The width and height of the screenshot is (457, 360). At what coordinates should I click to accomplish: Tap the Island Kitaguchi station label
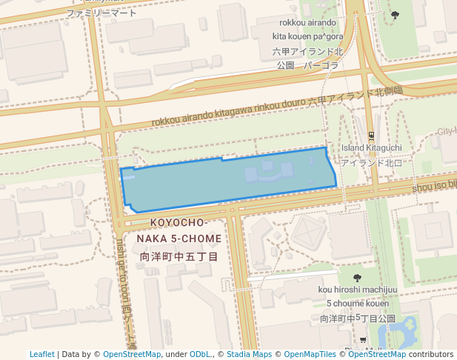[x=372, y=148]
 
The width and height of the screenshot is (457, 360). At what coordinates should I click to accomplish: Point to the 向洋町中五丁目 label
[x=179, y=256]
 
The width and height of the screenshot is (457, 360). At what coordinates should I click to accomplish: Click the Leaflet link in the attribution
[x=41, y=354]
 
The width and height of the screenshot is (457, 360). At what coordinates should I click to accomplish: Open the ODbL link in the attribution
[x=201, y=354]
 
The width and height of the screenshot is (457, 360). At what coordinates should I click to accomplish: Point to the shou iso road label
[x=434, y=185]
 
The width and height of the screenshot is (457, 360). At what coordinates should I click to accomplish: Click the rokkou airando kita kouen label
[x=307, y=29]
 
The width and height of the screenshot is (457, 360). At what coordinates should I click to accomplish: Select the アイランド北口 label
[x=372, y=162]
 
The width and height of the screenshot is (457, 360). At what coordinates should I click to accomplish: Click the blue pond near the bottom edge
[x=407, y=333]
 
